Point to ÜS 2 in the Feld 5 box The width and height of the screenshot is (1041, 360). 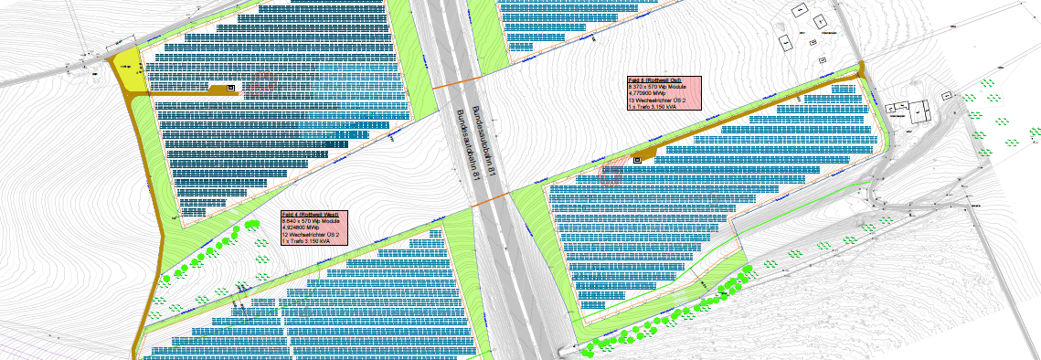[677, 100]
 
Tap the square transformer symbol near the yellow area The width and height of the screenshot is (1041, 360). [230, 88]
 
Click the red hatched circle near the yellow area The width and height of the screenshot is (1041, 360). [263, 83]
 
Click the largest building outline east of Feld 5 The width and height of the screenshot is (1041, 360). [919, 111]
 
